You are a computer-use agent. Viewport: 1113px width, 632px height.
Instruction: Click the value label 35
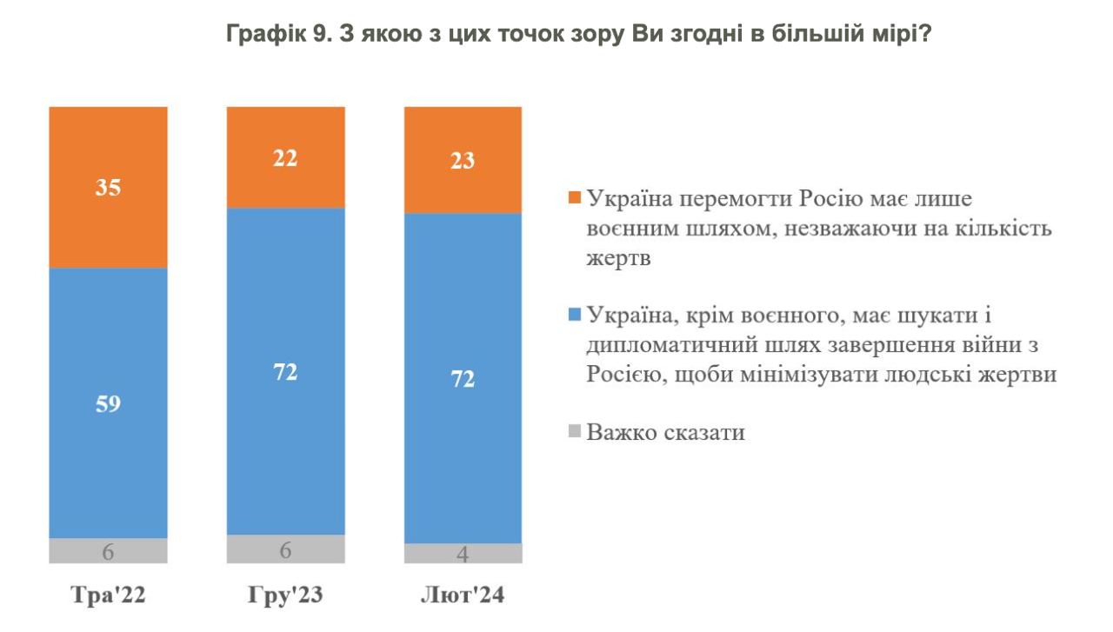(108, 188)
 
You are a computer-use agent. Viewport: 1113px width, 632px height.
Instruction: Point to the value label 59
(108, 404)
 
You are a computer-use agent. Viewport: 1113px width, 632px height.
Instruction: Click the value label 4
(463, 555)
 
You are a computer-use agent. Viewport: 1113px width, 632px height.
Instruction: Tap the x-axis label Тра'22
(108, 596)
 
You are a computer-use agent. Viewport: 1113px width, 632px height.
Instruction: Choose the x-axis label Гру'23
(285, 596)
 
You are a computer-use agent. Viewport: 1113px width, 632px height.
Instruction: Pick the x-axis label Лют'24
(463, 596)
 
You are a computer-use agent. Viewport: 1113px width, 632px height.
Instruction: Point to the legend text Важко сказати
(666, 432)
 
